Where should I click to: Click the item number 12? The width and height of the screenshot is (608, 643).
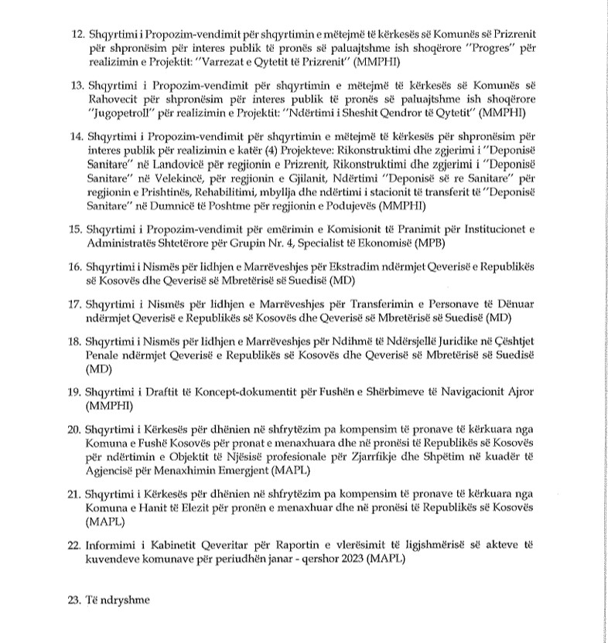click(x=75, y=36)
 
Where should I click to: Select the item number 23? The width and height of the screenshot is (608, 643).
click(x=75, y=597)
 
